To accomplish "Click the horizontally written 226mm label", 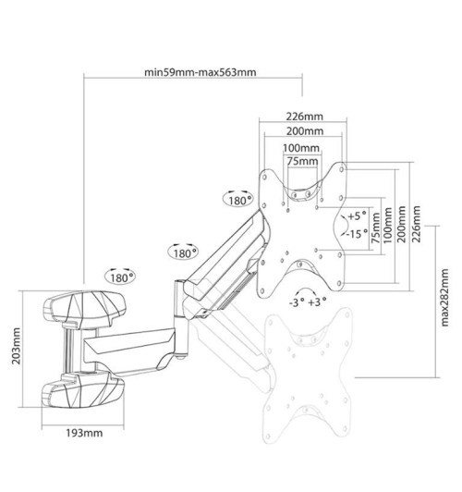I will pos(304,117).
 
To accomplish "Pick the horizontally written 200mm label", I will pos(304,132).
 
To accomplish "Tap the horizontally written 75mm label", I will pos(300,161).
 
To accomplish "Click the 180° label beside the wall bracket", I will pos(120,276).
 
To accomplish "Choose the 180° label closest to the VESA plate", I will pos(238,198).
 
